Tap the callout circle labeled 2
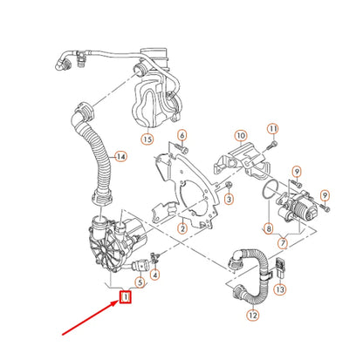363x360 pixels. click(x=182, y=228)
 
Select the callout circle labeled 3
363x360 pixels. click(x=228, y=200)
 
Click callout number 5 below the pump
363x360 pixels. click(x=139, y=280)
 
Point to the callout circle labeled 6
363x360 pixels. click(x=181, y=135)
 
